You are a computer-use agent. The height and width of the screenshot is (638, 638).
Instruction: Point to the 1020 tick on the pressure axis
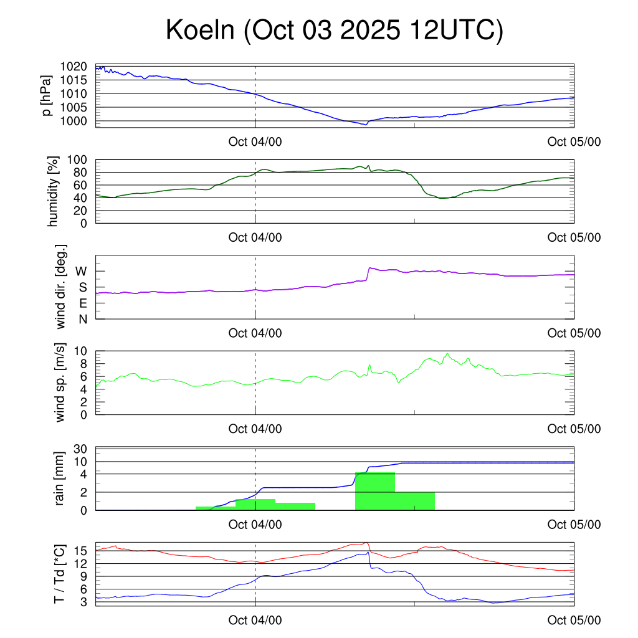click(x=73, y=67)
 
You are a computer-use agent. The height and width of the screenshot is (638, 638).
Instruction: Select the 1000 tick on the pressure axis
click(x=73, y=121)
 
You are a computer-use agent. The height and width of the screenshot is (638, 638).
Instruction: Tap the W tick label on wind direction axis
click(x=81, y=271)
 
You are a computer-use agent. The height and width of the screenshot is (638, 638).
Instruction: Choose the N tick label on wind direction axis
click(x=82, y=319)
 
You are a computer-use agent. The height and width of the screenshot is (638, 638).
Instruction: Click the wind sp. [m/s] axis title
click(x=60, y=383)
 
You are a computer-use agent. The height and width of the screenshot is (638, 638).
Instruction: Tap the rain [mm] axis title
click(x=60, y=478)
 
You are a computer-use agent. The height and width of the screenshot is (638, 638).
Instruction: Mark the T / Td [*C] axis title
click(x=60, y=574)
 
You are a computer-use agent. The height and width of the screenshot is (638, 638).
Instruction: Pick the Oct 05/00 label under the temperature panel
click(x=574, y=620)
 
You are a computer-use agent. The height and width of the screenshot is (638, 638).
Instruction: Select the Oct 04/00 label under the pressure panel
click(x=255, y=141)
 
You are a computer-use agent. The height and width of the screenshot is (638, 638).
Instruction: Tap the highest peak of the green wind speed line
click(x=447, y=353)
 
